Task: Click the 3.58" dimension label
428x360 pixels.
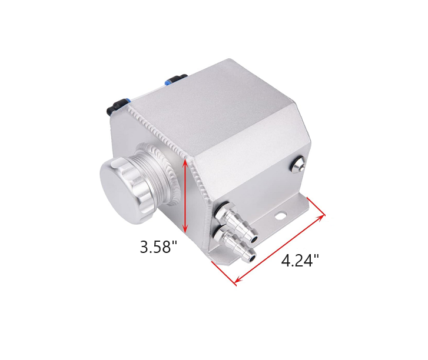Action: point(158,247)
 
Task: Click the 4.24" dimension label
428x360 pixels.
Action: point(300,261)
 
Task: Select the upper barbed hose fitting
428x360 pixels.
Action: point(237,222)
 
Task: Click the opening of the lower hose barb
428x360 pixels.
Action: point(253,258)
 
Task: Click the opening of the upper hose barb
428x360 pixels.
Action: point(254,240)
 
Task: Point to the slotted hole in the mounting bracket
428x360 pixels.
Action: point(280,215)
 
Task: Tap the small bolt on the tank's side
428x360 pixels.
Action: point(298,164)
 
